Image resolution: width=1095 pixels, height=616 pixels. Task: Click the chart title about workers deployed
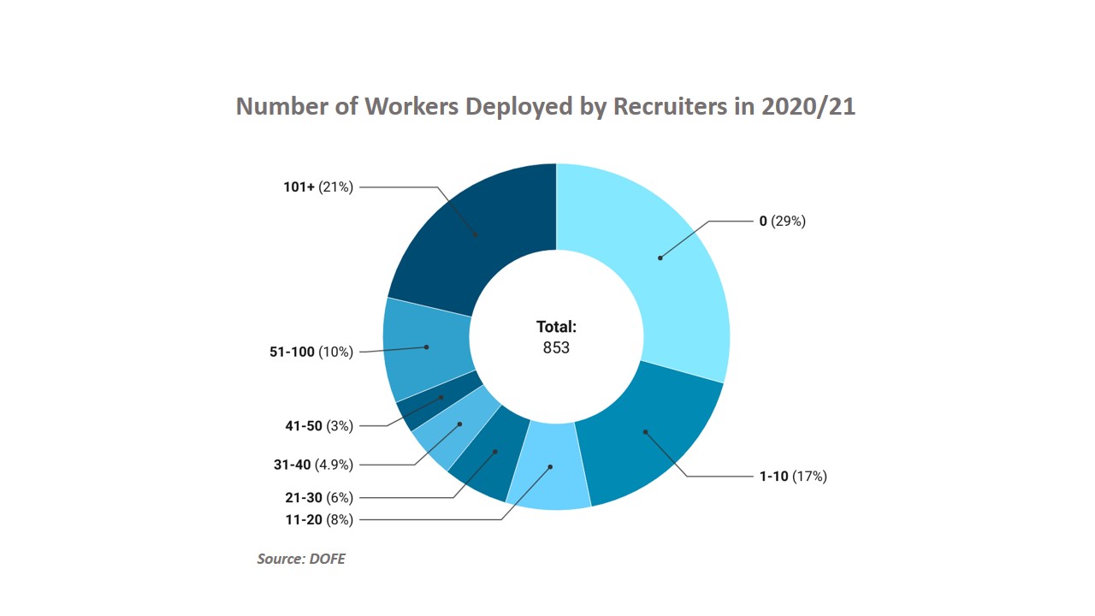point(546,106)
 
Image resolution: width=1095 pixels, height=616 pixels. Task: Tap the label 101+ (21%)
point(318,187)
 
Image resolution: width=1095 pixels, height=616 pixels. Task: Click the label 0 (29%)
point(782,221)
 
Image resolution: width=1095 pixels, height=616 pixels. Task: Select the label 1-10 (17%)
point(792,477)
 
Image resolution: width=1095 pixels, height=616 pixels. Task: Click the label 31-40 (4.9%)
point(313,465)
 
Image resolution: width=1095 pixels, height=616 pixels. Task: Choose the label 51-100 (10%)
point(311,352)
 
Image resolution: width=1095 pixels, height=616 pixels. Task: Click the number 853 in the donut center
point(556,347)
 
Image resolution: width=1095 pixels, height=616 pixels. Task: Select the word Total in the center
point(556,326)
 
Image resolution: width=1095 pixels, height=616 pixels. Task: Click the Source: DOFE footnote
point(301,559)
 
